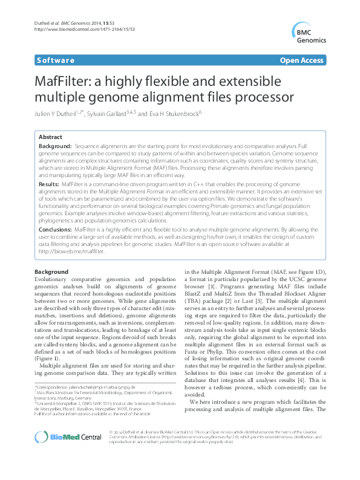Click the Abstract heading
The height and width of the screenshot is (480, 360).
(50, 137)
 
